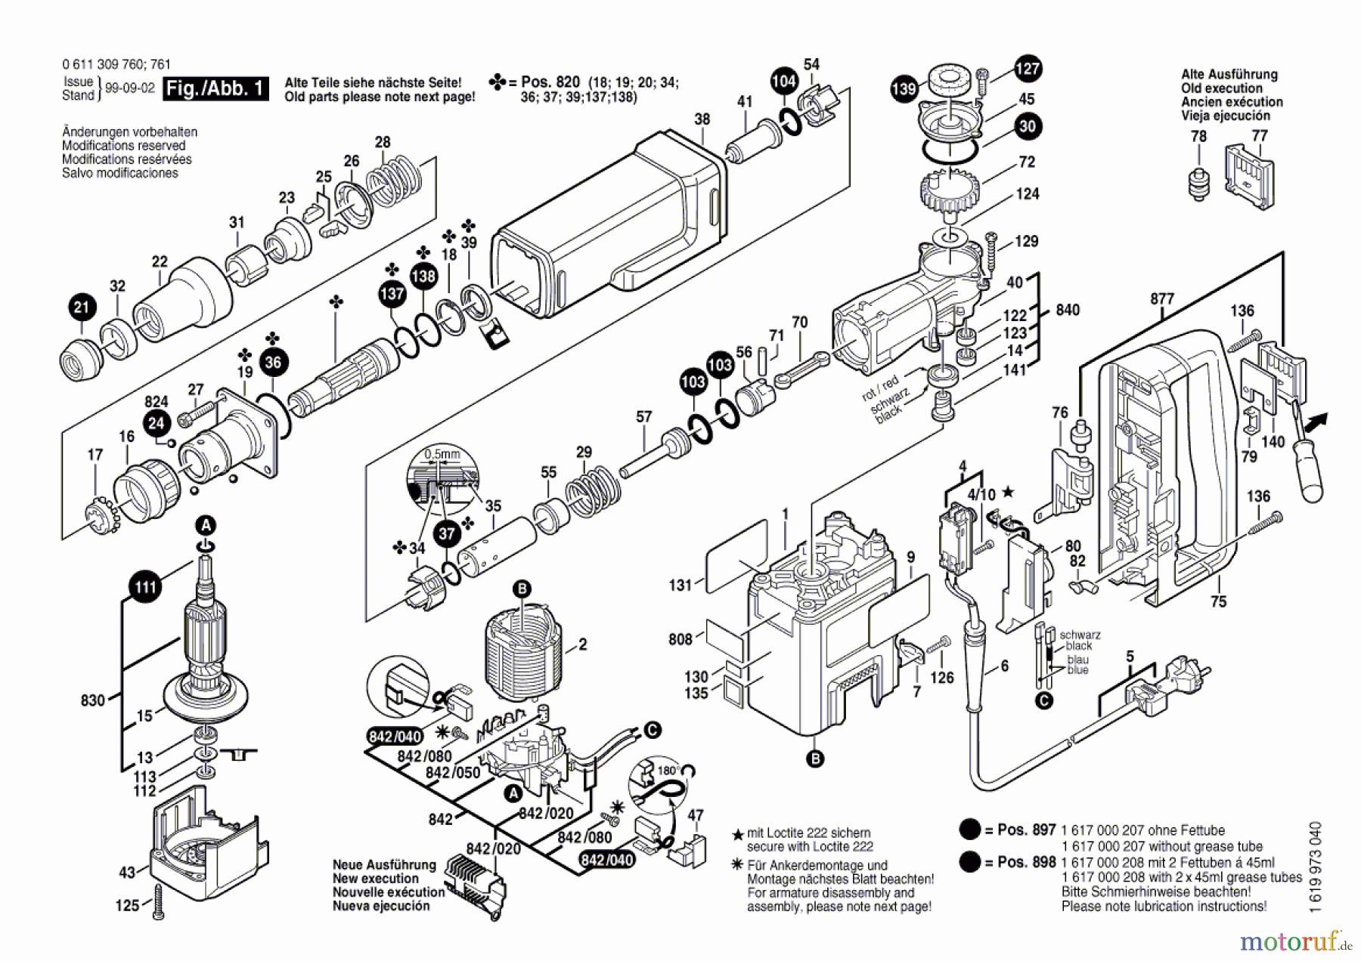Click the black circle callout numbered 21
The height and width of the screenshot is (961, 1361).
point(82,307)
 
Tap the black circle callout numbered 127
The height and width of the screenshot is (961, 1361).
point(1028,69)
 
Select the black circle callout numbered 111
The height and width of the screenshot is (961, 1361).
point(145,587)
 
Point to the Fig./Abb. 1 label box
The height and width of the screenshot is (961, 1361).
point(216,88)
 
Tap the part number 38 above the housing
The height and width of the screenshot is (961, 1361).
point(702,119)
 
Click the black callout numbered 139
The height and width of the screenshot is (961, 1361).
point(904,89)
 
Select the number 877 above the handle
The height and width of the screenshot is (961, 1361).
point(1162,298)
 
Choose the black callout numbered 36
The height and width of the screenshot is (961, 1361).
point(273,362)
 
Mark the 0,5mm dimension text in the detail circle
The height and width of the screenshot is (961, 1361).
point(442,454)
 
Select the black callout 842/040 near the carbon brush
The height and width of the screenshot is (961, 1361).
point(395,737)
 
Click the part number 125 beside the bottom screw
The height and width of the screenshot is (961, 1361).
point(127,905)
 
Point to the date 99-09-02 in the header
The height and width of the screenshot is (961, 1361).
point(129,88)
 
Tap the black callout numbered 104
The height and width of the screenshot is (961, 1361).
point(784,82)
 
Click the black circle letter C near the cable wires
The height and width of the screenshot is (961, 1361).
point(652,730)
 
